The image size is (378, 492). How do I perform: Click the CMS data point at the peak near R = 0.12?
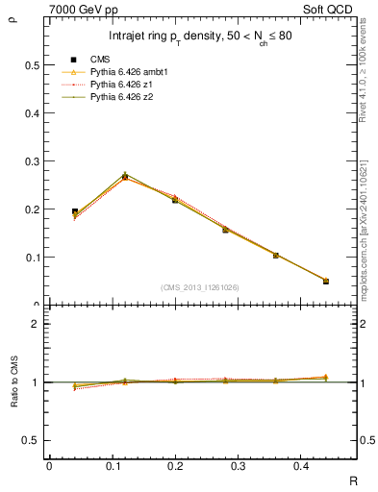125,177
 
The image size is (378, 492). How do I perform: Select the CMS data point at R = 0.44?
325,281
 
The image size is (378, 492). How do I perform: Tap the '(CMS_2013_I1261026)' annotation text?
199,287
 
